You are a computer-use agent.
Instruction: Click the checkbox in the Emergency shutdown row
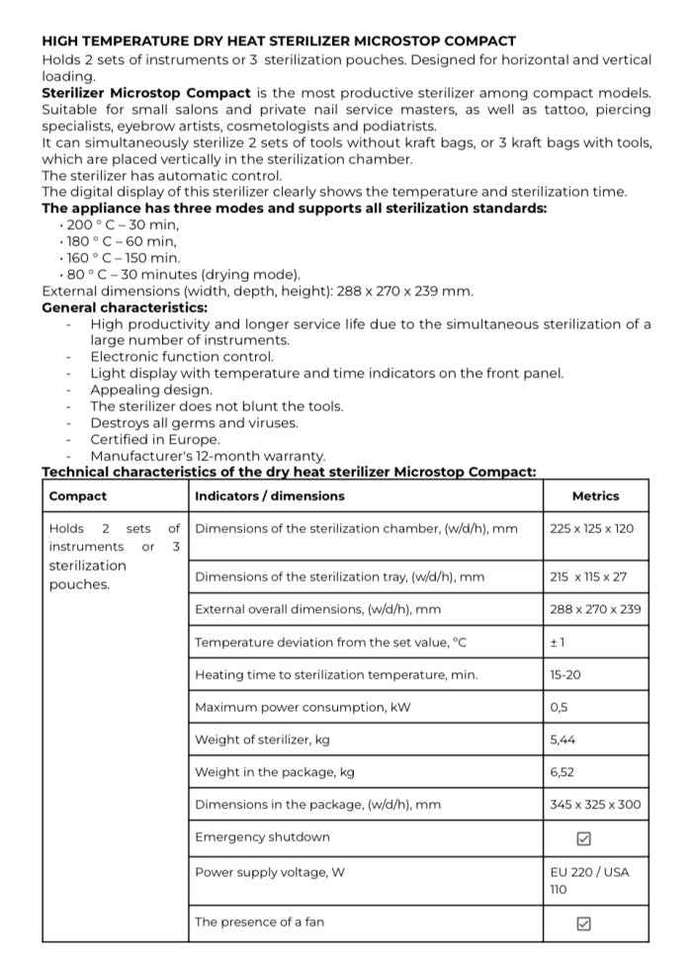point(583,838)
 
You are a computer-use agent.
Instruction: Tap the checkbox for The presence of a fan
point(583,923)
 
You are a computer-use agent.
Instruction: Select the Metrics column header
point(595,496)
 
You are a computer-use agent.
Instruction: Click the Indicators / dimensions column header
point(270,496)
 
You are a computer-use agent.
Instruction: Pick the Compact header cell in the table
point(78,496)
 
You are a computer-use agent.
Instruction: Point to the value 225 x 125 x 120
point(592,529)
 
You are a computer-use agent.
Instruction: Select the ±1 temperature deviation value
point(557,643)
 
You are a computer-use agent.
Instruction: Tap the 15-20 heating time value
point(565,675)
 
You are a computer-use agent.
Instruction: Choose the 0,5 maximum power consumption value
point(560,708)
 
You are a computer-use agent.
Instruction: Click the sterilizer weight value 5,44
point(564,741)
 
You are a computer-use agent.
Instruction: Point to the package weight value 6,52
point(564,772)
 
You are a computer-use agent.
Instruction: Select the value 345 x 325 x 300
point(595,805)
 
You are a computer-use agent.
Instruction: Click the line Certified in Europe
point(155,440)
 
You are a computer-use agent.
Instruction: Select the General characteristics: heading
point(125,307)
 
